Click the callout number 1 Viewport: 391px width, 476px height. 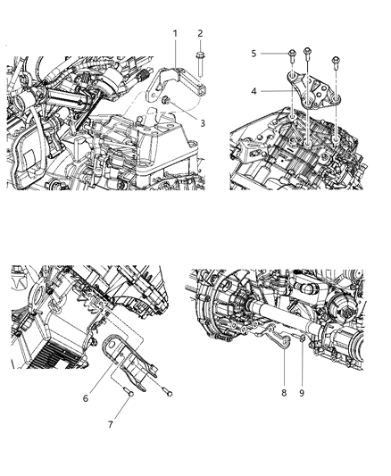[x=175, y=33]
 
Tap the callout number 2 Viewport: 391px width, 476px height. [x=200, y=33]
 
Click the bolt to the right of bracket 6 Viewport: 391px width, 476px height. [x=166, y=392]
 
